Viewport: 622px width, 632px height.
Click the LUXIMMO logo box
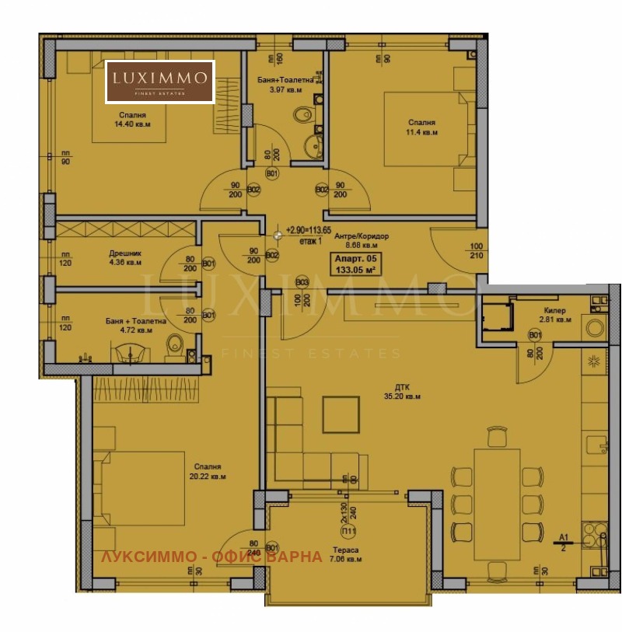tap(160, 82)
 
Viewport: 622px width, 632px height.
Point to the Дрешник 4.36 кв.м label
tap(124, 257)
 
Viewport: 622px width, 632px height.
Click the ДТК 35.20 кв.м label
tap(402, 391)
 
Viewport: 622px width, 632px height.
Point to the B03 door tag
tap(302, 281)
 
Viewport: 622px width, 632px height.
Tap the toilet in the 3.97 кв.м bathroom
tap(301, 117)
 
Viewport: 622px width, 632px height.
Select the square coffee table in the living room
tap(341, 414)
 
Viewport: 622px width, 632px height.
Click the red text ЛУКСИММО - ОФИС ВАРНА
tap(211, 557)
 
